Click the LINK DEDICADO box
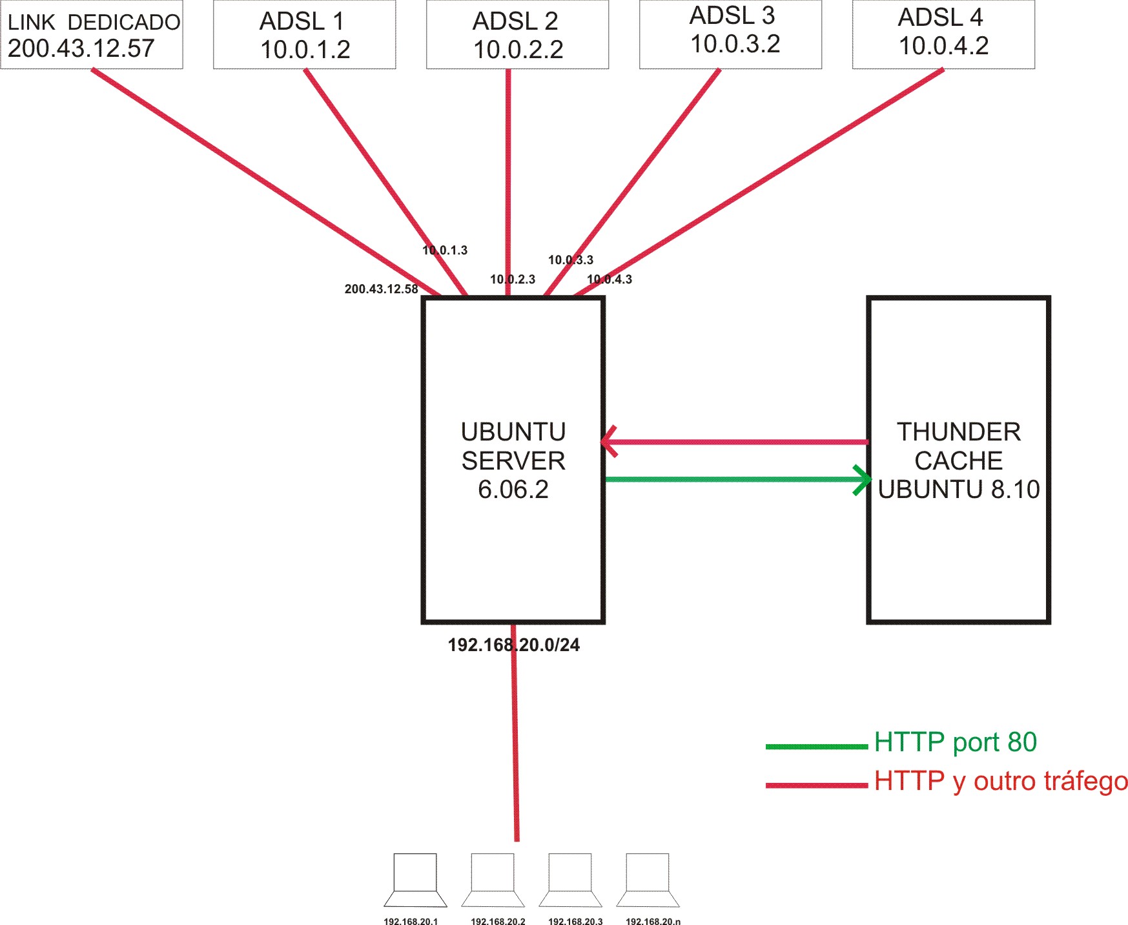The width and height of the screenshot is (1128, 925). [x=92, y=35]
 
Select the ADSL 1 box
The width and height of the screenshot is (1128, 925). [x=304, y=35]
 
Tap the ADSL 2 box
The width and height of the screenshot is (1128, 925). [x=517, y=35]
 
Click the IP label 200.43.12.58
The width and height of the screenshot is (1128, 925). [x=381, y=289]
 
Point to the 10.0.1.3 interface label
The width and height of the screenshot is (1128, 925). [x=445, y=251]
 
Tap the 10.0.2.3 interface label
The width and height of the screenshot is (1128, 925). [x=513, y=280]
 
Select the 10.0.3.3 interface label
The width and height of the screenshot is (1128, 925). [x=571, y=260]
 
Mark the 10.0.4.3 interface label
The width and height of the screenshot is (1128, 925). [x=610, y=280]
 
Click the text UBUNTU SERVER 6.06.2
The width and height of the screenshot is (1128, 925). [x=513, y=461]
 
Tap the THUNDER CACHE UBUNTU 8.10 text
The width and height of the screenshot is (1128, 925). [x=959, y=461]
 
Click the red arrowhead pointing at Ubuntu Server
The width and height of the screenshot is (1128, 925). [x=609, y=442]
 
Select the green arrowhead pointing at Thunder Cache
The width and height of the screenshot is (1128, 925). [x=862, y=480]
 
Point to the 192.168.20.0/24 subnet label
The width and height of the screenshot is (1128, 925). [x=514, y=645]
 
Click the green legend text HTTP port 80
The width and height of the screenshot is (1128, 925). [x=955, y=742]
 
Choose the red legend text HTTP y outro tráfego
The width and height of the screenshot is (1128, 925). [x=1001, y=781]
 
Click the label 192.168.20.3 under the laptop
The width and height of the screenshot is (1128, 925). [x=575, y=921]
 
